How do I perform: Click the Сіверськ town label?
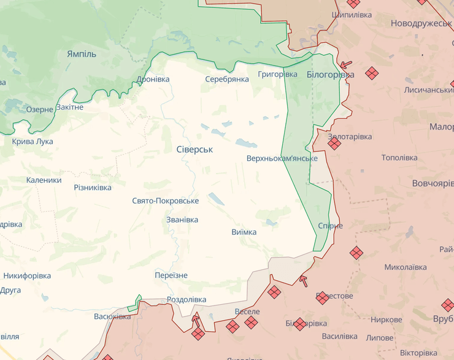point(194,149)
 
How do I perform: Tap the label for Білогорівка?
point(330,74)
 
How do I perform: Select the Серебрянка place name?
point(227,79)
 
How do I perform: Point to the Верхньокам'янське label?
point(282,158)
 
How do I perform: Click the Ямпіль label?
point(82,54)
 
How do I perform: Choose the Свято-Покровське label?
point(165,201)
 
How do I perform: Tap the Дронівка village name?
point(153,79)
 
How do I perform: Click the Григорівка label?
point(278,74)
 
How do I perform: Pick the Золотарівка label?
point(350,136)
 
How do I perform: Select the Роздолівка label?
point(187,299)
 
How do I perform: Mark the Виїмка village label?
point(244,232)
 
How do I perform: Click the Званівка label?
point(182,220)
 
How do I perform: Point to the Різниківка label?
point(93,187)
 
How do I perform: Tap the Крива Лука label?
point(33,141)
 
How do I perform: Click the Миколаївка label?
point(405,267)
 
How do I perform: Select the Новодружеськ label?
point(421,23)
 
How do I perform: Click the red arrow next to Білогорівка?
point(346,64)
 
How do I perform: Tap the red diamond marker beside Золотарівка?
point(334,144)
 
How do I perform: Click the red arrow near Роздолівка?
point(196,319)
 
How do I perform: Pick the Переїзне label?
point(171,275)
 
